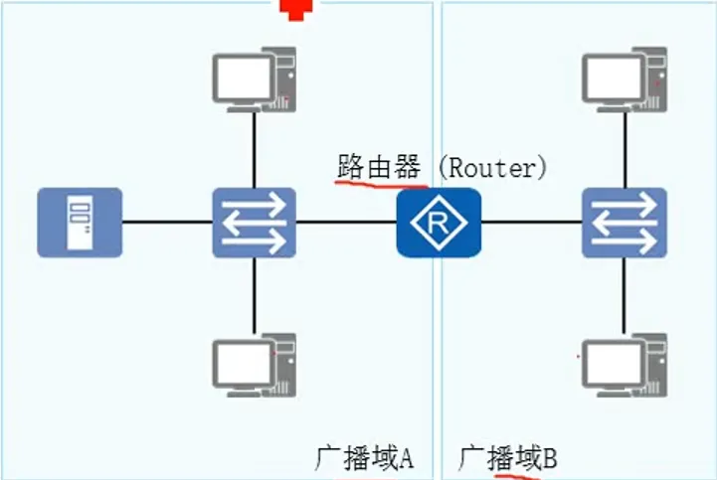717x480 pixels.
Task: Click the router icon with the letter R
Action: (438, 222)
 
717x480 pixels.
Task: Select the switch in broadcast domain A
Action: (255, 222)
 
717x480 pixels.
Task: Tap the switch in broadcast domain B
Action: (624, 222)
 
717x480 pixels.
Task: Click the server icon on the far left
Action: (80, 222)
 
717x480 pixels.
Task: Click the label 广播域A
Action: (363, 458)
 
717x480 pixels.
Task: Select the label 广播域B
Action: (507, 458)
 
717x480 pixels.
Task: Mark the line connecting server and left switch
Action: (166, 222)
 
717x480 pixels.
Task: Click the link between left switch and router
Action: (346, 222)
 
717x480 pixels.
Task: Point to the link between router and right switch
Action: (531, 222)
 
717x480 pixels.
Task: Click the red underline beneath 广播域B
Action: (513, 476)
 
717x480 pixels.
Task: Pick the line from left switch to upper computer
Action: (255, 147)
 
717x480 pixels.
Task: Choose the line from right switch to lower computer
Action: (624, 294)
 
